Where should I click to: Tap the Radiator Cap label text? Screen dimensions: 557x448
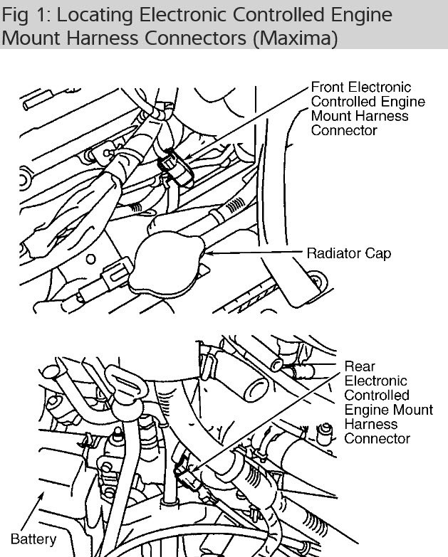(x=348, y=253)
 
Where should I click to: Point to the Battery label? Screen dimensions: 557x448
(x=33, y=539)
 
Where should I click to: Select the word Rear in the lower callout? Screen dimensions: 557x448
(x=360, y=366)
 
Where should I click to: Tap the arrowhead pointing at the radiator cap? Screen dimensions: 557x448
(x=209, y=252)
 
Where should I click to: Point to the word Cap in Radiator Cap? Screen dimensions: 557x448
(x=378, y=253)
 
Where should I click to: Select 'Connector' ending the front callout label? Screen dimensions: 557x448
(x=344, y=131)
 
